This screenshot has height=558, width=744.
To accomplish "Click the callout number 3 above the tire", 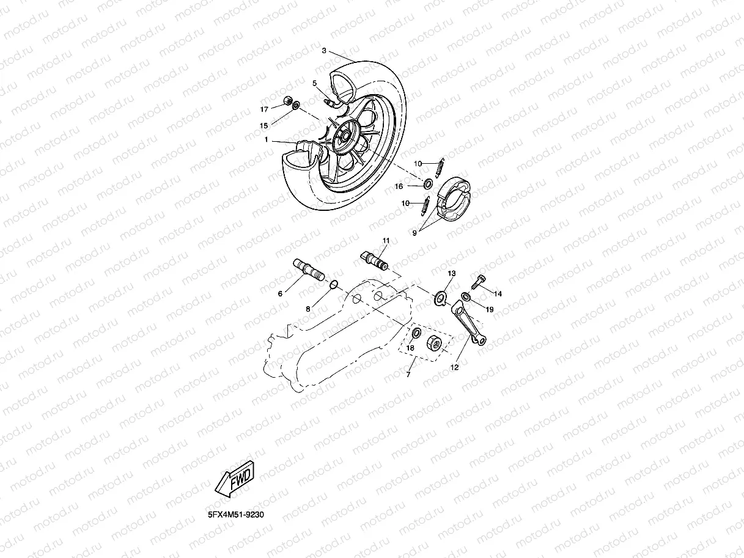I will tap(324, 51).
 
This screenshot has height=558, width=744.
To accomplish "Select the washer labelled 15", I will tap(296, 106).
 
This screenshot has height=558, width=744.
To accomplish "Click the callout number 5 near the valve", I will tap(314, 83).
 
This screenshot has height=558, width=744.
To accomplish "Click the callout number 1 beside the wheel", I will tap(267, 140).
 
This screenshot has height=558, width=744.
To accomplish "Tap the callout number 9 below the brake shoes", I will tap(414, 233).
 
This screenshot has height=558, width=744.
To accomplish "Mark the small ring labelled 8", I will tap(334, 284).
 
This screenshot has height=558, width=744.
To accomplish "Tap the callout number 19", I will tap(490, 310).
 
